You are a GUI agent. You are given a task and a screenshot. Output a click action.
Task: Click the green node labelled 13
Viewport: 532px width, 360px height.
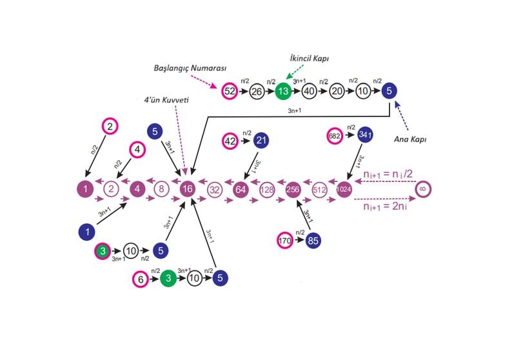282,92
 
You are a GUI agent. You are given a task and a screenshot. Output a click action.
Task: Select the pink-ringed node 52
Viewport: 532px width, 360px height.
230,92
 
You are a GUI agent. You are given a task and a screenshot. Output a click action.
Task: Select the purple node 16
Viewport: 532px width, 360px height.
188,190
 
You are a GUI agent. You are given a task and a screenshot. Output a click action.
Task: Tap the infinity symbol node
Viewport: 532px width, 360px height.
423,190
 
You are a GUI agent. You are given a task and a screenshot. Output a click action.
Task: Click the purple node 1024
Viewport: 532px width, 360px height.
345,190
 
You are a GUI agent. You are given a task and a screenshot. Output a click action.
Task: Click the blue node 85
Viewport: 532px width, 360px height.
314,241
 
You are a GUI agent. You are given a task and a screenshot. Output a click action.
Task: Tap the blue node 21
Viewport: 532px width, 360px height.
261,140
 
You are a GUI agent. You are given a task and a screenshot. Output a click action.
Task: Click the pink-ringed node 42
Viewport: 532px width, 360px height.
230,140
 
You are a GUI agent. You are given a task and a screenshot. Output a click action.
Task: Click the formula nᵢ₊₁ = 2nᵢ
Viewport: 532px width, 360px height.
385,208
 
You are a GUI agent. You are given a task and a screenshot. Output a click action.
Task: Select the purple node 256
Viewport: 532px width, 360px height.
293,190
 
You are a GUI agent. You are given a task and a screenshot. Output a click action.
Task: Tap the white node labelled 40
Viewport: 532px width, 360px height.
309,92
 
